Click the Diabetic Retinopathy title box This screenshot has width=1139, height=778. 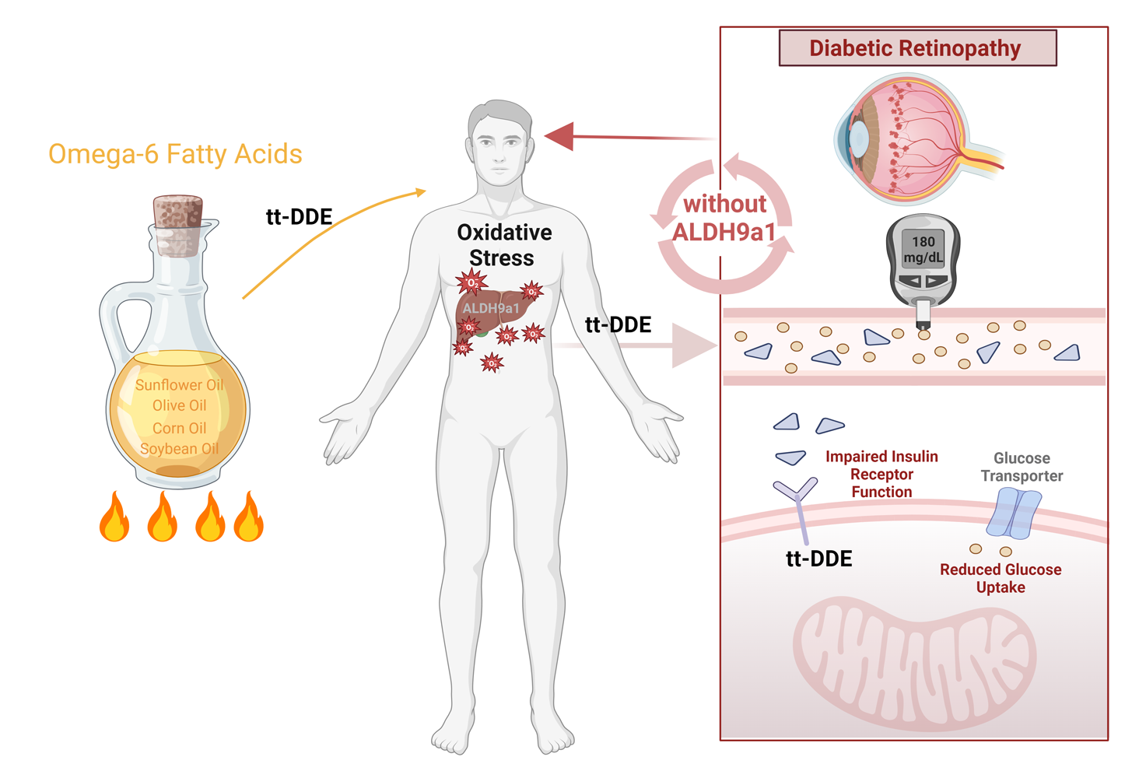pos(917,48)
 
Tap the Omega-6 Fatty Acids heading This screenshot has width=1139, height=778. pos(175,154)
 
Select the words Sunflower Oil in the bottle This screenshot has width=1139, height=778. pos(179,385)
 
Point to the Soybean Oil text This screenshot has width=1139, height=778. pos(179,449)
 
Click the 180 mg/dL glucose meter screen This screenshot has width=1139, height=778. pos(923,249)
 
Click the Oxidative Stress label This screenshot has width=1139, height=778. pos(503,244)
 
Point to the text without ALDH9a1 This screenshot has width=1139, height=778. pos(724,218)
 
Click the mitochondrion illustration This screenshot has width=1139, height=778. pos(914,661)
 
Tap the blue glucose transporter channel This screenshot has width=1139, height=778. pos(1013,513)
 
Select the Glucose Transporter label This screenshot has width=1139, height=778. pos(1022,467)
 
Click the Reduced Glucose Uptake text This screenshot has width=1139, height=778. pos(1001,578)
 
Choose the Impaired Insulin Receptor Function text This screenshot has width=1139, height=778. pos(881,474)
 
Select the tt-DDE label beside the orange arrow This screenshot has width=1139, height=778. pos(299,217)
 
